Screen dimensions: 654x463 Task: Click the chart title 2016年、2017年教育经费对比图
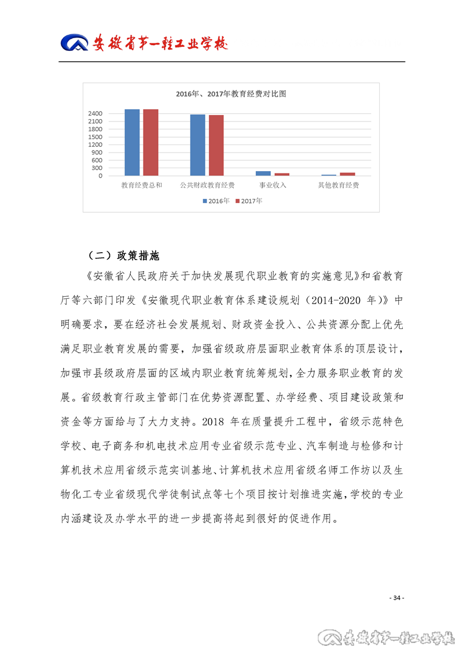(231, 94)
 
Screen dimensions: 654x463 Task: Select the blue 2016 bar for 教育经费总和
(132, 142)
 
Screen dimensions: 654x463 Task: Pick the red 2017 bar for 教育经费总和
(150, 142)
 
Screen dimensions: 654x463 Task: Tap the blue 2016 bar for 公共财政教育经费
(198, 145)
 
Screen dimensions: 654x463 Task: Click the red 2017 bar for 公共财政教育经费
(216, 145)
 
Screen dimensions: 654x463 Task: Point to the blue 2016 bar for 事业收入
(263, 173)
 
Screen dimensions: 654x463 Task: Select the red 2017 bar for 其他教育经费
(348, 173)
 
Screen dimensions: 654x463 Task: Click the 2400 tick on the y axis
(95, 113)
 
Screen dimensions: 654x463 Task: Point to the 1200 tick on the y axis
(95, 145)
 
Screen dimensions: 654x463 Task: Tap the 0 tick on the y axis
(100, 176)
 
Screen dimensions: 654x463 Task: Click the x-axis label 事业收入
(273, 186)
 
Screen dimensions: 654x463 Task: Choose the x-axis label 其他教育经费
(339, 186)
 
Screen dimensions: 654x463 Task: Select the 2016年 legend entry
(216, 201)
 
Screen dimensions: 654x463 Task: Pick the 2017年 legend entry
(248, 201)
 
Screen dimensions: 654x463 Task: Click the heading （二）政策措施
(123, 256)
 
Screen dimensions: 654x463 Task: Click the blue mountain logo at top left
(75, 44)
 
